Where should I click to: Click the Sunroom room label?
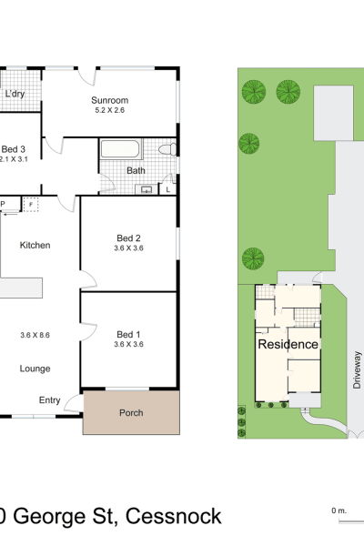click(110, 100)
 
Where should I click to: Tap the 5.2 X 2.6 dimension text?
click(110, 110)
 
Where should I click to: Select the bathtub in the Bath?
click(121, 149)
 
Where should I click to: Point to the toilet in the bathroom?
click(167, 149)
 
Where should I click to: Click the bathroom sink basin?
click(147, 189)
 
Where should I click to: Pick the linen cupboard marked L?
click(167, 189)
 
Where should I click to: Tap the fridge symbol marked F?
click(31, 205)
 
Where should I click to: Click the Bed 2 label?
click(128, 238)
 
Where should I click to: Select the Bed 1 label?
click(128, 334)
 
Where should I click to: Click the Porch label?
click(131, 412)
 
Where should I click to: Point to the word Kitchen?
click(35, 245)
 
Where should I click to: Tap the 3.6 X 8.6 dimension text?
click(35, 335)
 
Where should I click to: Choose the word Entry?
click(50, 400)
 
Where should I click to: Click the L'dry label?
click(15, 94)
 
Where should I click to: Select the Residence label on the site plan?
click(288, 344)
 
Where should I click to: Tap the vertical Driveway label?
click(357, 369)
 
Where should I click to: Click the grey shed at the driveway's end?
click(334, 113)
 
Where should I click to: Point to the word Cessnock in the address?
click(174, 516)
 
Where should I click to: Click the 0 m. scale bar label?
click(339, 511)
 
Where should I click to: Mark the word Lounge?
click(35, 369)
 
